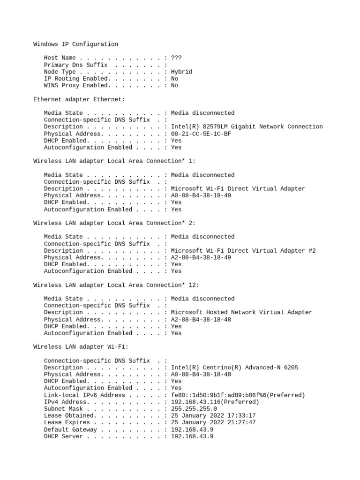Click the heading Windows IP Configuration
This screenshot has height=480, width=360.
pos(75,44)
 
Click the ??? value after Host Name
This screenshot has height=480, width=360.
pos(176,58)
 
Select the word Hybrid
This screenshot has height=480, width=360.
pos(181,72)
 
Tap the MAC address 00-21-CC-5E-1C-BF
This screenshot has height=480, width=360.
pos(201,134)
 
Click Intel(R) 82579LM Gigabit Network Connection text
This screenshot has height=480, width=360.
pos(247,127)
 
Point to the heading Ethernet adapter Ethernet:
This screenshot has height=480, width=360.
pos(79,99)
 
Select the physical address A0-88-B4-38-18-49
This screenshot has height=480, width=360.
pos(201,195)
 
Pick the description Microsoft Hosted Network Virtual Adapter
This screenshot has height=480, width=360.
pos(241,312)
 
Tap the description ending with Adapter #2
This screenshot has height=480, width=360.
pos(243,251)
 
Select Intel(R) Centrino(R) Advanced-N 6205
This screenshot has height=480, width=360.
pos(234,367)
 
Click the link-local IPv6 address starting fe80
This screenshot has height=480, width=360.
pos(238,395)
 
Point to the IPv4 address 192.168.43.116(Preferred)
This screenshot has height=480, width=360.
pos(215,402)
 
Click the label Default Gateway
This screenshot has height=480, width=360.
pos(70,430)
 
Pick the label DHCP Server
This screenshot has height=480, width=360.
pos(63,437)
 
